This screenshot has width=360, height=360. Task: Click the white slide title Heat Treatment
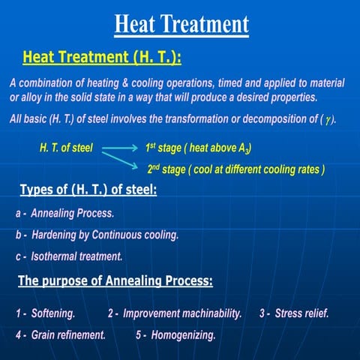(181, 24)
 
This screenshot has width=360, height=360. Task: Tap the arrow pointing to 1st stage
(119, 148)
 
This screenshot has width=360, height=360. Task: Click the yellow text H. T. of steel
(66, 148)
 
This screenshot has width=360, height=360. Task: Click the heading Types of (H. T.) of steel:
(88, 190)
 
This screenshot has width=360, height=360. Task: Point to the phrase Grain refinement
(68, 334)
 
